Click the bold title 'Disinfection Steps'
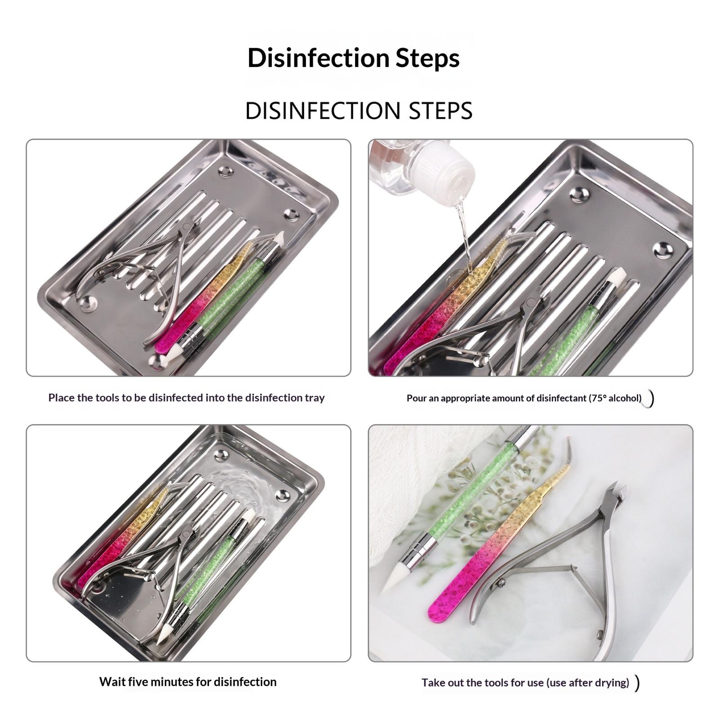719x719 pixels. point(354,58)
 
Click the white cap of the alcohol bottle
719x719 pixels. point(444,169)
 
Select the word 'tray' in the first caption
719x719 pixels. point(315,398)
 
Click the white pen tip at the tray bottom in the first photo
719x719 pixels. point(171,357)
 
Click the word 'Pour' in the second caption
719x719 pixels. point(416,398)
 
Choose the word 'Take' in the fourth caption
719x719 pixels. point(432,683)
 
